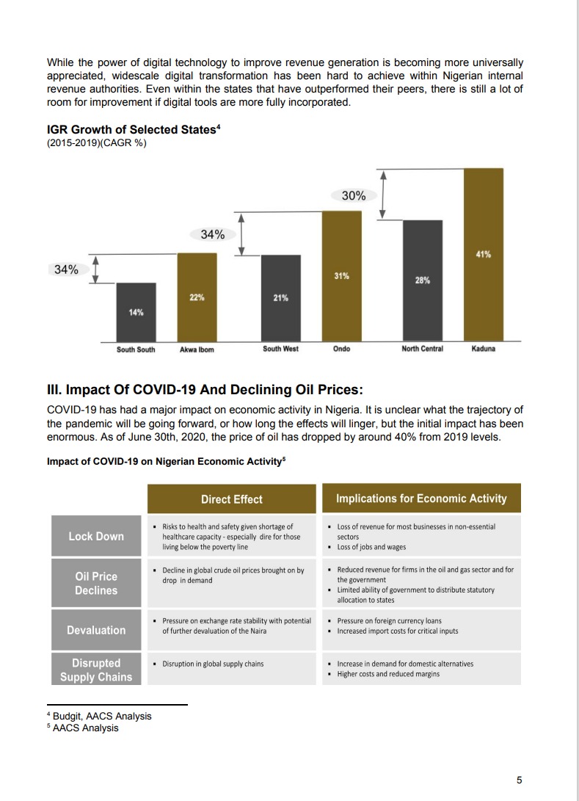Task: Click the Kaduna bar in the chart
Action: click(x=483, y=255)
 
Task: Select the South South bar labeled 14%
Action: click(x=136, y=312)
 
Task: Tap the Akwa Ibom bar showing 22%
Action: click(x=197, y=297)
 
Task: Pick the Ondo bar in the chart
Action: click(x=341, y=276)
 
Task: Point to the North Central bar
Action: click(x=422, y=280)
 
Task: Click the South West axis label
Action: click(x=280, y=349)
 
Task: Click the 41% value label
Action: click(x=483, y=254)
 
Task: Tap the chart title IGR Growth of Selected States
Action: click(x=133, y=130)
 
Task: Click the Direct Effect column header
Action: click(x=231, y=499)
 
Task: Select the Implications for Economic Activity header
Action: click(x=421, y=499)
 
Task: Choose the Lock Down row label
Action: click(x=96, y=537)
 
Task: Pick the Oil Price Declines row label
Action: click(x=96, y=584)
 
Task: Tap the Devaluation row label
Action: click(x=96, y=630)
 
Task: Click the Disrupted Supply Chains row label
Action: click(x=96, y=670)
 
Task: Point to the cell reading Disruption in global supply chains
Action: click(x=213, y=664)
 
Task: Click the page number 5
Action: click(x=519, y=780)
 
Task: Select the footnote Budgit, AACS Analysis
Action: click(x=101, y=716)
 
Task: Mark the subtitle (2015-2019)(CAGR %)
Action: click(x=96, y=142)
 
